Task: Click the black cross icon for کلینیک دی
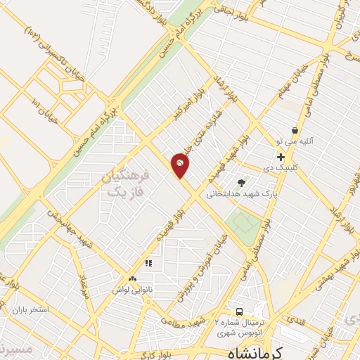pos(281,156)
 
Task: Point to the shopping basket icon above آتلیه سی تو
pos(295,130)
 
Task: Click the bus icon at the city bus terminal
pos(239,311)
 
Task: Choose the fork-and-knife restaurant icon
pos(148,263)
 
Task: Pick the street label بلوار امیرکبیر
pos(190,106)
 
